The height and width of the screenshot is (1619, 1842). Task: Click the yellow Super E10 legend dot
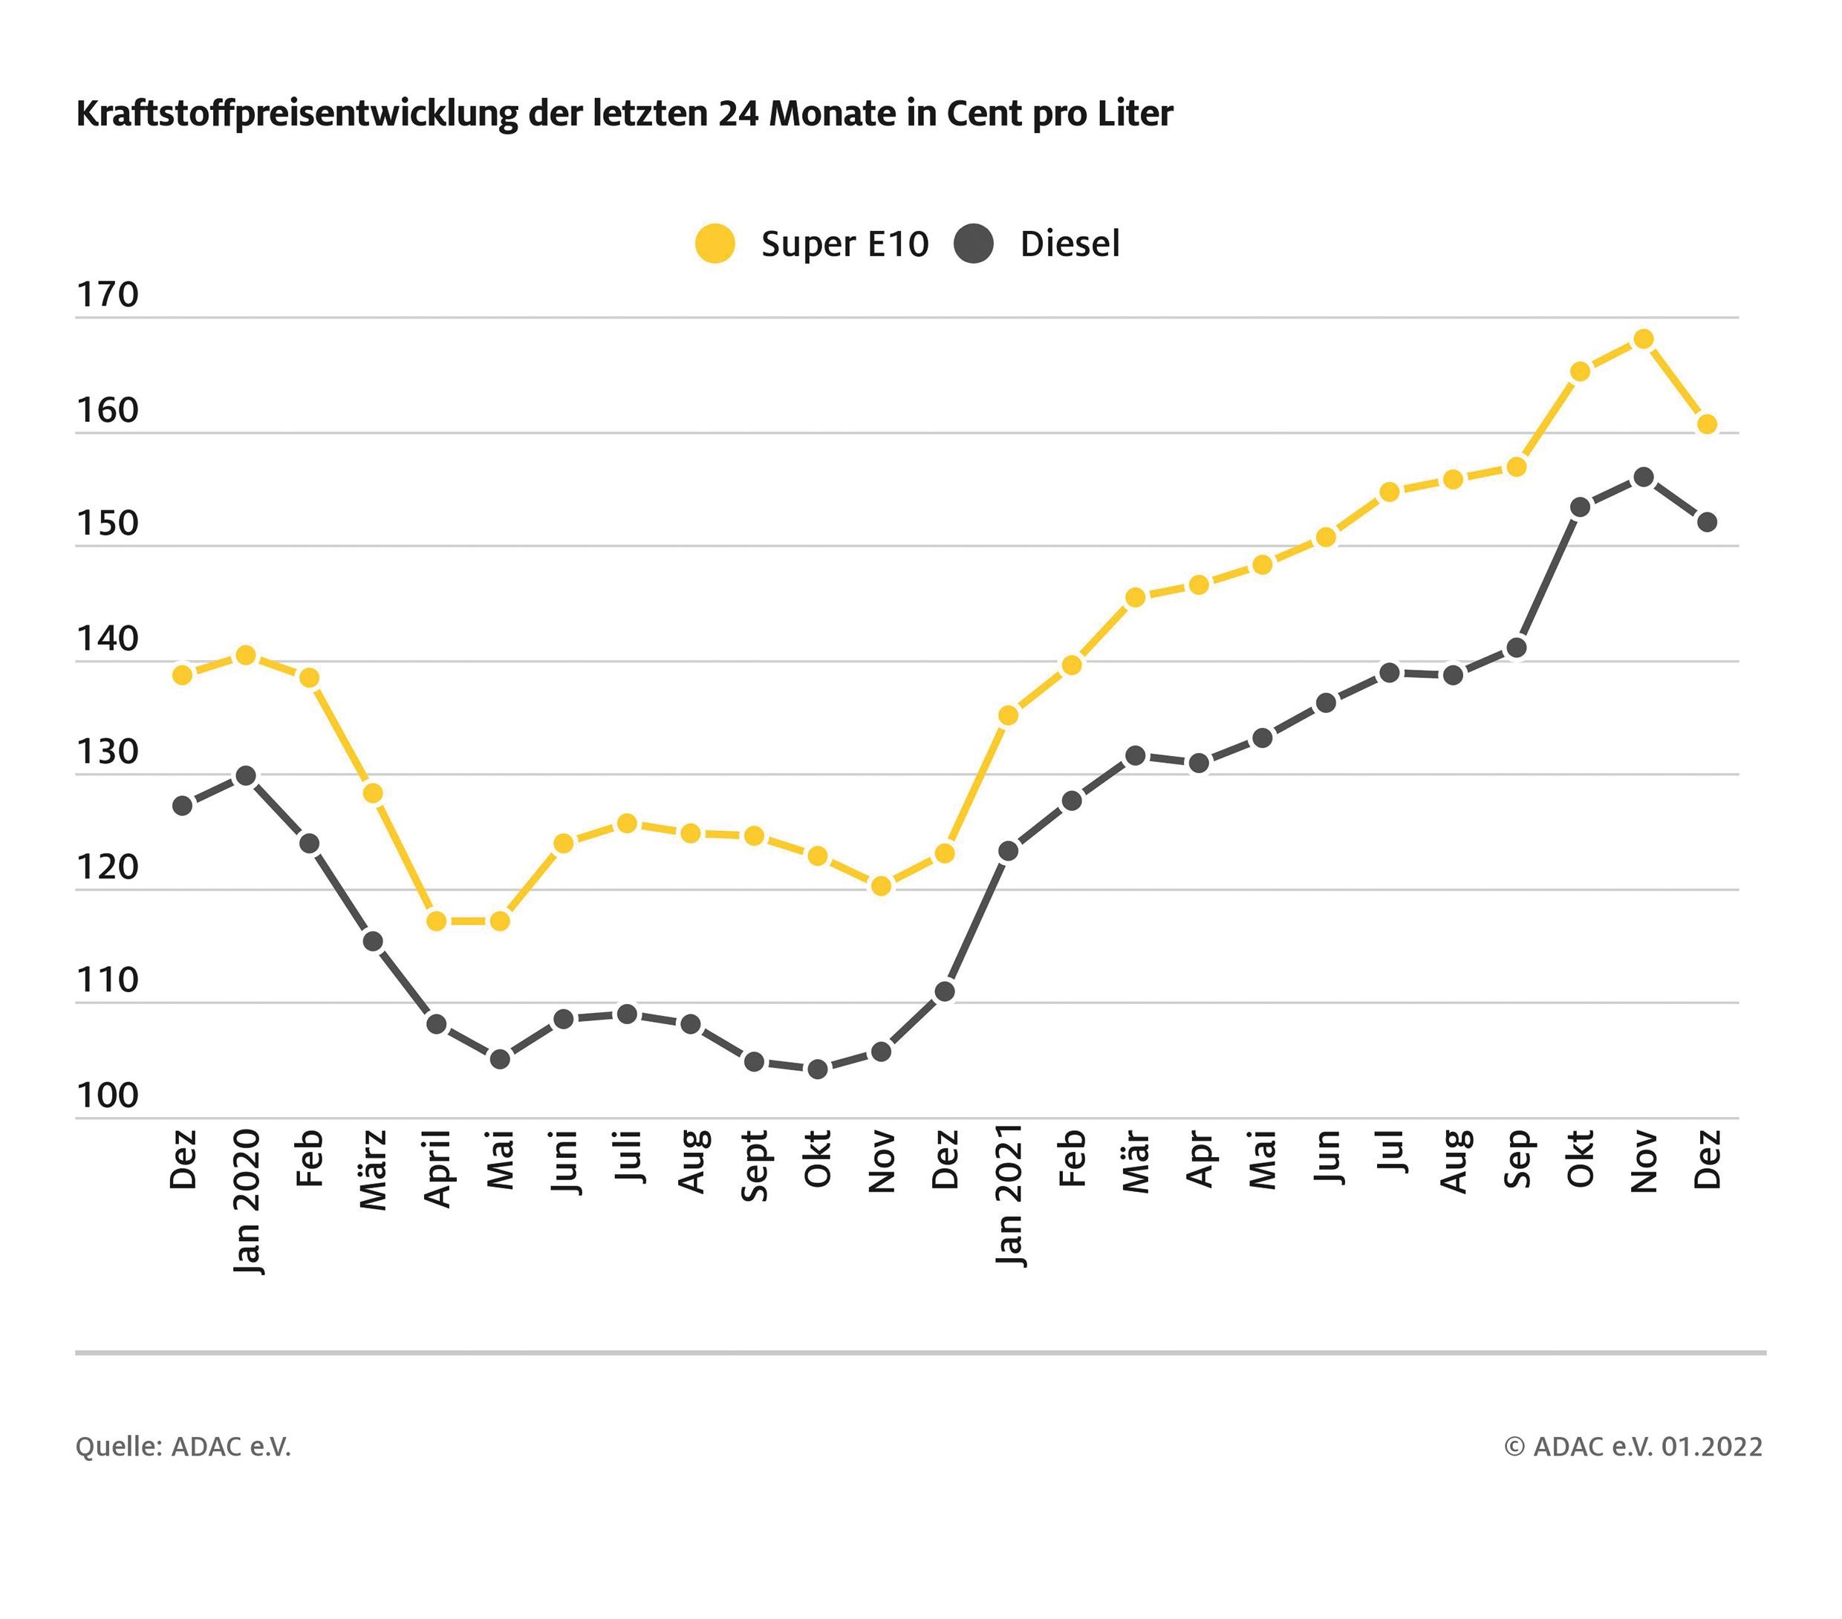pos(715,244)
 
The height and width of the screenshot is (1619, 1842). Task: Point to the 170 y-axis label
pos(107,295)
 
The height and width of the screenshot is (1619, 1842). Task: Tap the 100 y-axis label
pos(107,1095)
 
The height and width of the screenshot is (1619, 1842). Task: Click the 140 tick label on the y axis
pos(107,639)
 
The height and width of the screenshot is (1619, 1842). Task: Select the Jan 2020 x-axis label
pos(246,1201)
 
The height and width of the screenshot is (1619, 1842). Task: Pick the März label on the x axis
pos(373,1170)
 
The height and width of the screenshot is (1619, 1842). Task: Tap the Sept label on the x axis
pos(755,1166)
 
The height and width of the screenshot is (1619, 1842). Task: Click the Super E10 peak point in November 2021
pos(1643,339)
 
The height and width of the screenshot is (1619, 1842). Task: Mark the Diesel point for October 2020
pos(817,1069)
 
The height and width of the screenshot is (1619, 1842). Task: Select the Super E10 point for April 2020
pos(436,921)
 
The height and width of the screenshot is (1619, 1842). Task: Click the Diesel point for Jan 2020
pos(246,776)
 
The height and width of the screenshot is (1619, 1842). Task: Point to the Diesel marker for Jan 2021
pos(1009,850)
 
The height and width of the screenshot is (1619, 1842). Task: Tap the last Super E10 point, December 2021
pos(1707,424)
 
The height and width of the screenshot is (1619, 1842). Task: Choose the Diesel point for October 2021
pos(1580,507)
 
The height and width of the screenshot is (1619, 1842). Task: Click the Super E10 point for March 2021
pos(1136,597)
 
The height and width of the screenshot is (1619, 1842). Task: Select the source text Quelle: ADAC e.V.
pos(183,1446)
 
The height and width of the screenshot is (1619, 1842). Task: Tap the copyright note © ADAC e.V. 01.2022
pos(1633,1446)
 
